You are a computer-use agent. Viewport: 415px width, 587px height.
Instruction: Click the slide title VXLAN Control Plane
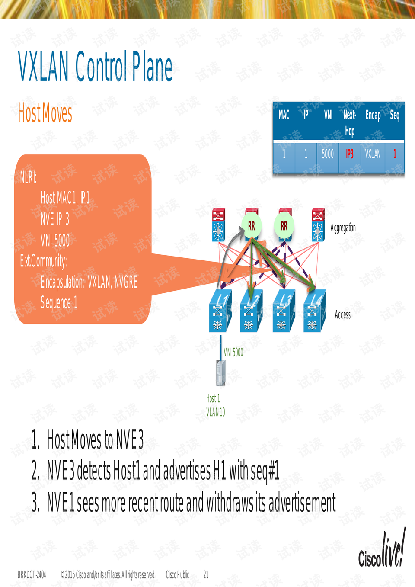pos(95,67)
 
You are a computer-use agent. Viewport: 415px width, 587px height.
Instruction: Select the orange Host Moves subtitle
pos(45,113)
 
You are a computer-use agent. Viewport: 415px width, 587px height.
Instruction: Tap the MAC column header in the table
pos(284,115)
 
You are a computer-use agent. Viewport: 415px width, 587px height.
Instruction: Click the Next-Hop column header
pos(349,122)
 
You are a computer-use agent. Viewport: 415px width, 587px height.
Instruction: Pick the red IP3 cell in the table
pos(349,154)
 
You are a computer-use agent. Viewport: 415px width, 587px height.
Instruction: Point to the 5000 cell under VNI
pos(328,154)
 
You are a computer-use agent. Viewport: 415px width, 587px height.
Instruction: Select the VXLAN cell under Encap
pos(373,154)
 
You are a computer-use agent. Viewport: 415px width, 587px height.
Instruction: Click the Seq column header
pos(394,115)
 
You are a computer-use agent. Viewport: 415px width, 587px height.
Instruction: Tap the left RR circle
pos(252,226)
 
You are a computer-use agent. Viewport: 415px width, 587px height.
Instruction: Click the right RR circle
pos(284,226)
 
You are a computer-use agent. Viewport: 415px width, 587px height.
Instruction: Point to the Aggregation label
pos(343,228)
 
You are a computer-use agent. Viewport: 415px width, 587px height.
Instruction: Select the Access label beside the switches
pos(342,315)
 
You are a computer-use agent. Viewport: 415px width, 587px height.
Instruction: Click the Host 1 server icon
pos(220,372)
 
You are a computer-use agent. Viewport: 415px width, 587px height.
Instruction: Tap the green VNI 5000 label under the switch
pos(233,353)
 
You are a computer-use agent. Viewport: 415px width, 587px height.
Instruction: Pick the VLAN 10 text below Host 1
pos(215,412)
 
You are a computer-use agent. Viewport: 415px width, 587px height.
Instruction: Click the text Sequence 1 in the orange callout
pos(59,302)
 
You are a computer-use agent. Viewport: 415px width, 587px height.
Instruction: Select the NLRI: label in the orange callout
pos(28,177)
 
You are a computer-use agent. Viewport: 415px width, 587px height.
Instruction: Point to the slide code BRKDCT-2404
pos(32,575)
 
